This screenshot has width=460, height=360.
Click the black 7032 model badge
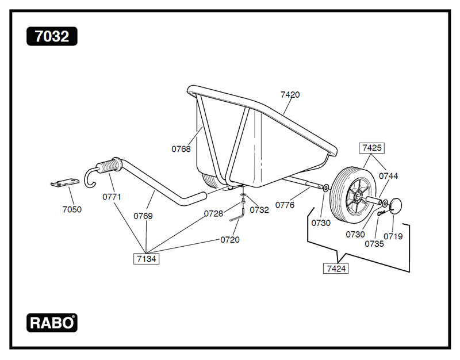(x=52, y=37)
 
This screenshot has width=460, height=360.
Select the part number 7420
(x=290, y=94)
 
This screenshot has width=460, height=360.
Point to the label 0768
(x=181, y=149)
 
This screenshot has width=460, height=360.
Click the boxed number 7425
(x=371, y=148)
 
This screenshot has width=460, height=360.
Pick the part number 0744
(x=388, y=176)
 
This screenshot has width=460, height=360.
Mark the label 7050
(x=72, y=209)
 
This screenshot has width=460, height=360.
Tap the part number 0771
(x=112, y=196)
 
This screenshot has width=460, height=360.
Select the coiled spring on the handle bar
(x=110, y=166)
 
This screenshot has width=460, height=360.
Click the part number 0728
(x=213, y=213)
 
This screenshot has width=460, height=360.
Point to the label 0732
(x=259, y=210)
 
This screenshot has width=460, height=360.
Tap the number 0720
(x=230, y=239)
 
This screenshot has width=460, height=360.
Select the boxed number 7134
(x=147, y=259)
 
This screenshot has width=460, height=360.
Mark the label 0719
(x=393, y=236)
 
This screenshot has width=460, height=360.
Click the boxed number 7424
(x=336, y=269)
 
